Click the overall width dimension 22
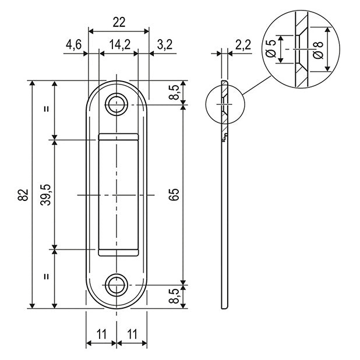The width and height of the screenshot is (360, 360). tap(118, 22)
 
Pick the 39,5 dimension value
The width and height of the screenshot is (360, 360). tap(46, 195)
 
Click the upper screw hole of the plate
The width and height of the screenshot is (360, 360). tap(117, 104)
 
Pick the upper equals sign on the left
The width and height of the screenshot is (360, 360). tap(46, 110)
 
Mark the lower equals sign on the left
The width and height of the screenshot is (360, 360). tap(46, 278)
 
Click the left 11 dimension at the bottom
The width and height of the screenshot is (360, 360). tap(101, 334)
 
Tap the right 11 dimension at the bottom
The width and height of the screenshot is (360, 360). tap(132, 334)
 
